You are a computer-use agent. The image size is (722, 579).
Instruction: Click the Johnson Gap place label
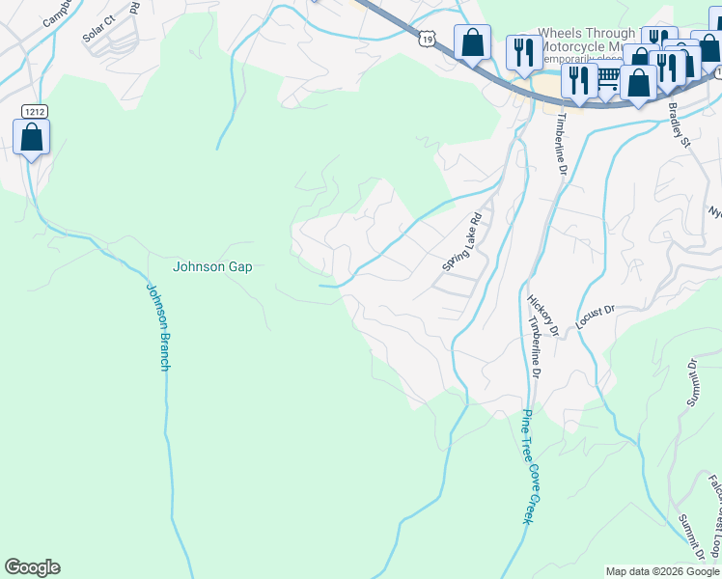point(211,266)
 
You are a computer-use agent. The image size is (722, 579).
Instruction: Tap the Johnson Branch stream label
point(158,325)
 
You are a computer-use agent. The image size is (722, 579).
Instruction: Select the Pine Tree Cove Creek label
point(526,467)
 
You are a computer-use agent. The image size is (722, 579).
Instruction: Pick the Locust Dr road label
point(595,318)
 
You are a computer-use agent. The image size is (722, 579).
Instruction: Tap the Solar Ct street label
point(98,29)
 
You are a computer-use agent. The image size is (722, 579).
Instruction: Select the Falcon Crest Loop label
point(711,516)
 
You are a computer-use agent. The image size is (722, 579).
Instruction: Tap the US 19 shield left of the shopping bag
point(427,38)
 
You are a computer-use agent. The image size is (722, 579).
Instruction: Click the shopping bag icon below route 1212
point(32,137)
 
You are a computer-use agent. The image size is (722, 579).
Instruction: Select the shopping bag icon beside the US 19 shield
point(472,43)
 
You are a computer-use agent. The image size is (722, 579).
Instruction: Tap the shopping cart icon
point(607,85)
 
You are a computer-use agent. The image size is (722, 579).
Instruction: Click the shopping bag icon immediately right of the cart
point(638,83)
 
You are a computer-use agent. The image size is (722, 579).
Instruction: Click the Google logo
point(32,567)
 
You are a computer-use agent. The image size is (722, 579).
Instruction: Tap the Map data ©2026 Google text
point(661,571)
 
